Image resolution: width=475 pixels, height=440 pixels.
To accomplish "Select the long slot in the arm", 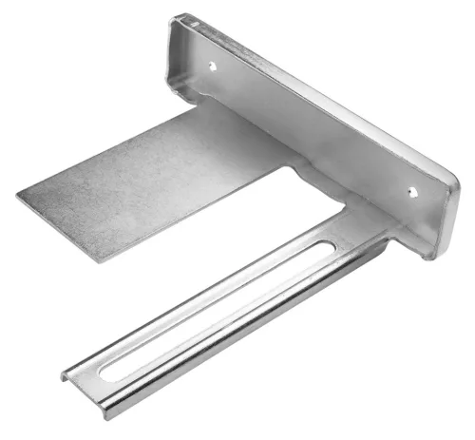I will coord(209,314).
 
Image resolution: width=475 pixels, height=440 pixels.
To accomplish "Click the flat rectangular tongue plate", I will coord(152,185).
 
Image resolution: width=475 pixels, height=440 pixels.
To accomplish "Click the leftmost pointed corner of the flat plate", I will coord(18,196).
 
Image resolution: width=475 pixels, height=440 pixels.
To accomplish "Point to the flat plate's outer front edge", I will coord(57,228).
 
